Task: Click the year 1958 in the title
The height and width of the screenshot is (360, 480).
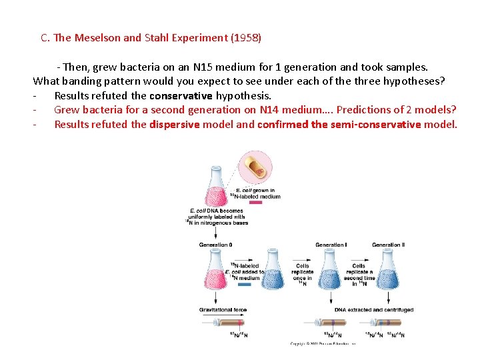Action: click(x=247, y=38)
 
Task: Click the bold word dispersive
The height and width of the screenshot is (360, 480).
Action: click(x=174, y=125)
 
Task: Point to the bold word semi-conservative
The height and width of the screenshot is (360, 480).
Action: click(x=383, y=125)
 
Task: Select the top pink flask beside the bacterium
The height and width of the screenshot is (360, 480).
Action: click(x=215, y=183)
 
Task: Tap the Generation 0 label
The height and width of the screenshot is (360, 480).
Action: click(x=215, y=245)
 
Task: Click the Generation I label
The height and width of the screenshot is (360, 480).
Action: click(x=331, y=245)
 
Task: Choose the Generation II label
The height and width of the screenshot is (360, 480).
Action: click(x=388, y=245)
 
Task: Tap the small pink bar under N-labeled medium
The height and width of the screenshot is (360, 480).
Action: click(x=255, y=203)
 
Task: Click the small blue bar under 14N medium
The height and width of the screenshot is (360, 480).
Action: click(x=245, y=285)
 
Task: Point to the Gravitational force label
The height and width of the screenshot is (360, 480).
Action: click(x=223, y=310)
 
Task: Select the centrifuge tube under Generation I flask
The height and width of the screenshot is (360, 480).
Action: click(x=332, y=323)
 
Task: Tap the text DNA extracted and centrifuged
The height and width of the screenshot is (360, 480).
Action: click(x=374, y=310)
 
